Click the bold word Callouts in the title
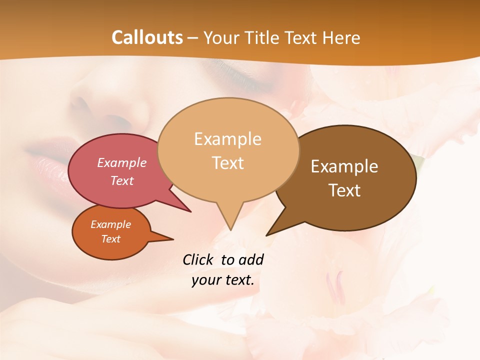click(147, 37)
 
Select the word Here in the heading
click(342, 37)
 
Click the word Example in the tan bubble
click(227, 139)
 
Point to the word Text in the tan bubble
click(227, 163)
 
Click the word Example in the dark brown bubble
click(344, 166)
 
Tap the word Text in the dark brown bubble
click(344, 190)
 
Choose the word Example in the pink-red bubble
click(122, 162)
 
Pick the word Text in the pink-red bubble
click(122, 180)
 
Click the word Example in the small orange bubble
click(110, 224)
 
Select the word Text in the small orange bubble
click(110, 239)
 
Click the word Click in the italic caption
click(199, 259)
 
